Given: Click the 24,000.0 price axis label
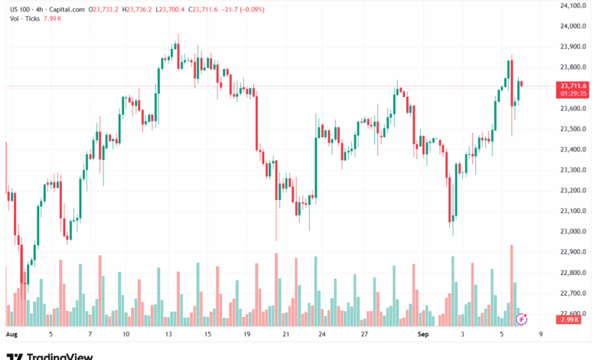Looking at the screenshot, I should (x=573, y=26).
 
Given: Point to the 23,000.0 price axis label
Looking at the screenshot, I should (x=573, y=231).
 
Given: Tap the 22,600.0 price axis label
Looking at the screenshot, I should (x=573, y=313).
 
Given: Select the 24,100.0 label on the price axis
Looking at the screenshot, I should (x=573, y=5).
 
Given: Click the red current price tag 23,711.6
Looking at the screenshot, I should (x=573, y=85).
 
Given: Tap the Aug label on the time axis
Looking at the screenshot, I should (x=11, y=335).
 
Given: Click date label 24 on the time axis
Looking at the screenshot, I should (x=322, y=335).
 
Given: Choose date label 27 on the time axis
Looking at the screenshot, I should (x=365, y=335).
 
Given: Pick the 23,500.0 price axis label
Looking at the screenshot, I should (x=573, y=129).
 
